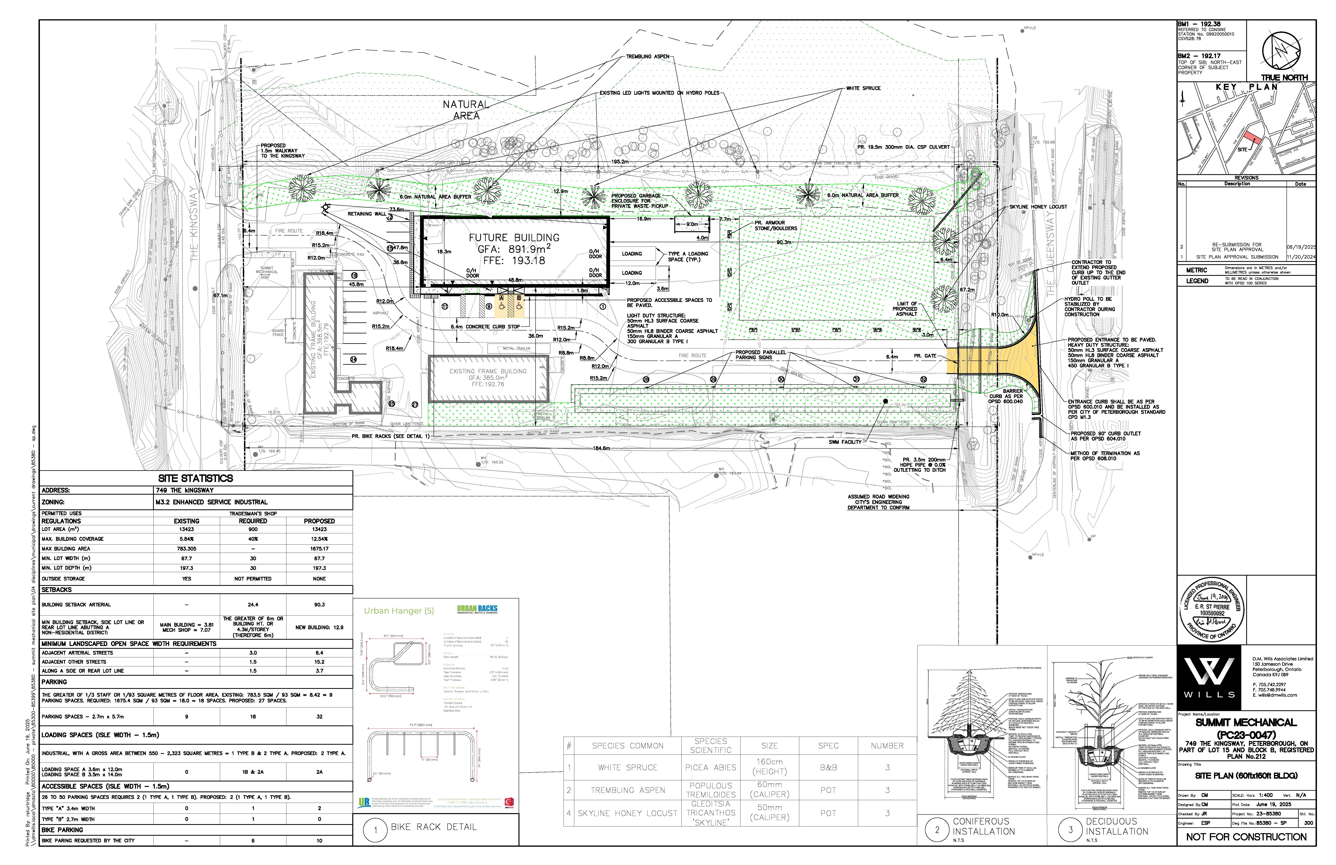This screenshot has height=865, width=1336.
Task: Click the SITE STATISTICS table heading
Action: [195, 479]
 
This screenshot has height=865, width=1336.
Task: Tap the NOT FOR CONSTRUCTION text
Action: [1246, 837]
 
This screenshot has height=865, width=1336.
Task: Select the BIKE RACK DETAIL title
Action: [433, 827]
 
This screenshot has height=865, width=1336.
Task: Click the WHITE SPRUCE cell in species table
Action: [628, 767]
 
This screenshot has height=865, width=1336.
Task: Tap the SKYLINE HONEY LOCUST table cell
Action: [628, 813]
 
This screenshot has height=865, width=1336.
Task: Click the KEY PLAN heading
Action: [1246, 87]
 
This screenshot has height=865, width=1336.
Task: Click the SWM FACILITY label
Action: [845, 442]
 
